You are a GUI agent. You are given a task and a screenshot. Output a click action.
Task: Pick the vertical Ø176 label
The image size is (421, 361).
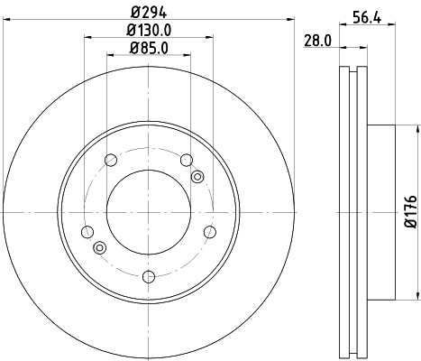click(x=410, y=211)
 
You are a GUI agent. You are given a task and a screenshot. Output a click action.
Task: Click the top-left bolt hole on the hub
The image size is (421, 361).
click(x=112, y=162)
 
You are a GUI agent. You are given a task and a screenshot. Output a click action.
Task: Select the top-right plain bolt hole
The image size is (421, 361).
click(x=187, y=161)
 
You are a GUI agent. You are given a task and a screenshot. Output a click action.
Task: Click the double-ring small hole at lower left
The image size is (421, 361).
click(x=100, y=248)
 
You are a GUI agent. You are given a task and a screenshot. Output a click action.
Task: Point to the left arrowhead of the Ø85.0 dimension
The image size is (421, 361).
click(x=110, y=55)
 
